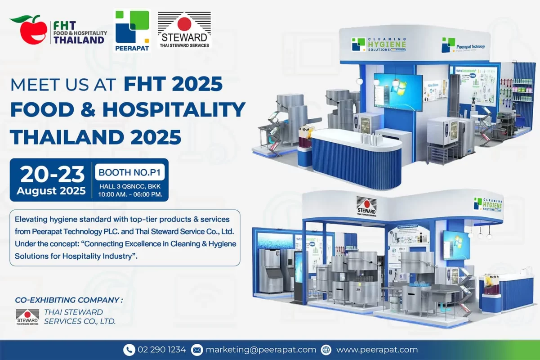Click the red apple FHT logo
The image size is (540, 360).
point(30,30)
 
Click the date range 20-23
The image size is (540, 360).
point(52,174)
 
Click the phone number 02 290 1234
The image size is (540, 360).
point(161,350)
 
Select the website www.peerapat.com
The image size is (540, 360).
point(377,350)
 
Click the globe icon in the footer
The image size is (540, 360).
point(326,350)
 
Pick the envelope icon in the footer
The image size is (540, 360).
point(196,350)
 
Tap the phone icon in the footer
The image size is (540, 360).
point(129,350)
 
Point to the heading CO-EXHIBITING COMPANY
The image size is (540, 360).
point(68,300)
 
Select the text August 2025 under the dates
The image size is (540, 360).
point(51,190)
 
